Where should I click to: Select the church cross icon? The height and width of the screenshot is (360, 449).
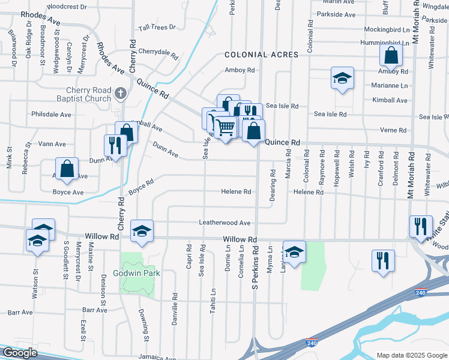tap(121, 93)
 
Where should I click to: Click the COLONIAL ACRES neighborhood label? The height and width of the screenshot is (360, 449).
tap(261, 55)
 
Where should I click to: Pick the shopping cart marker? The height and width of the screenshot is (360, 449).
tap(225, 127)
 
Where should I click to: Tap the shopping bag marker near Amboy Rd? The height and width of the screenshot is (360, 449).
tap(391, 56)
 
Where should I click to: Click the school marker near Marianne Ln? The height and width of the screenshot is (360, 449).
tap(342, 78)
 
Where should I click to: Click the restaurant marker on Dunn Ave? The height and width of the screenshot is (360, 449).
tap(114, 146)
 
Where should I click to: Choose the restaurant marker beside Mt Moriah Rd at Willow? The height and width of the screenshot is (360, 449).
tap(420, 226)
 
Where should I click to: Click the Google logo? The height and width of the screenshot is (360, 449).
tap(19, 353)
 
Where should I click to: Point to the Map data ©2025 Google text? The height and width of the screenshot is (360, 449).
tap(412, 355)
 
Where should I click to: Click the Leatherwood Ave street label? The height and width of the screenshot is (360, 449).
tap(224, 223)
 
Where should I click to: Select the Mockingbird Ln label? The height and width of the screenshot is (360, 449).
tap(390, 29)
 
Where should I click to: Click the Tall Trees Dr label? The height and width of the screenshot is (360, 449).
tap(157, 28)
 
